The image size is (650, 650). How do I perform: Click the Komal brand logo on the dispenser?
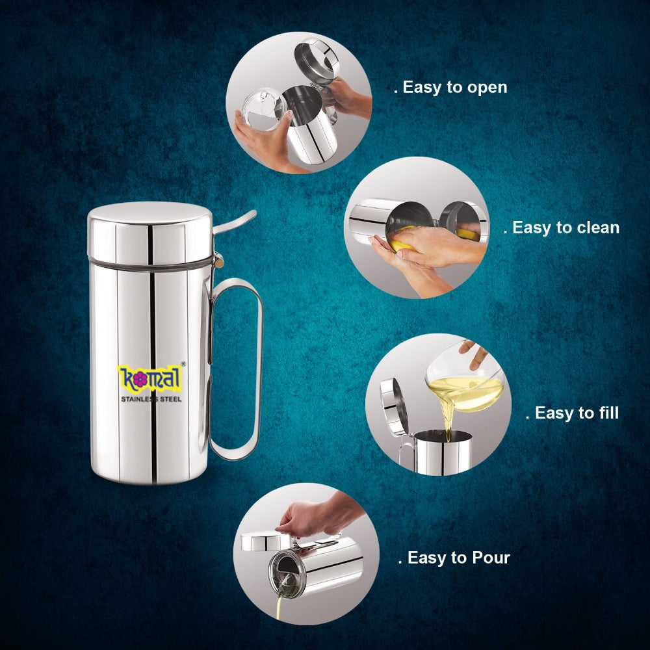[x=151, y=378]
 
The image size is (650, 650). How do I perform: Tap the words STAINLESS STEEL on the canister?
[x=151, y=398]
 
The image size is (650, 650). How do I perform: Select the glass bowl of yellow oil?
[x=467, y=383]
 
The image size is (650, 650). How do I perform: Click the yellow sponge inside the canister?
[x=398, y=245]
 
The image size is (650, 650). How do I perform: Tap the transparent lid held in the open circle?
[x=265, y=110]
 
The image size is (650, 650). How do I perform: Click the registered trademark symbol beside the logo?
[x=183, y=365]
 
